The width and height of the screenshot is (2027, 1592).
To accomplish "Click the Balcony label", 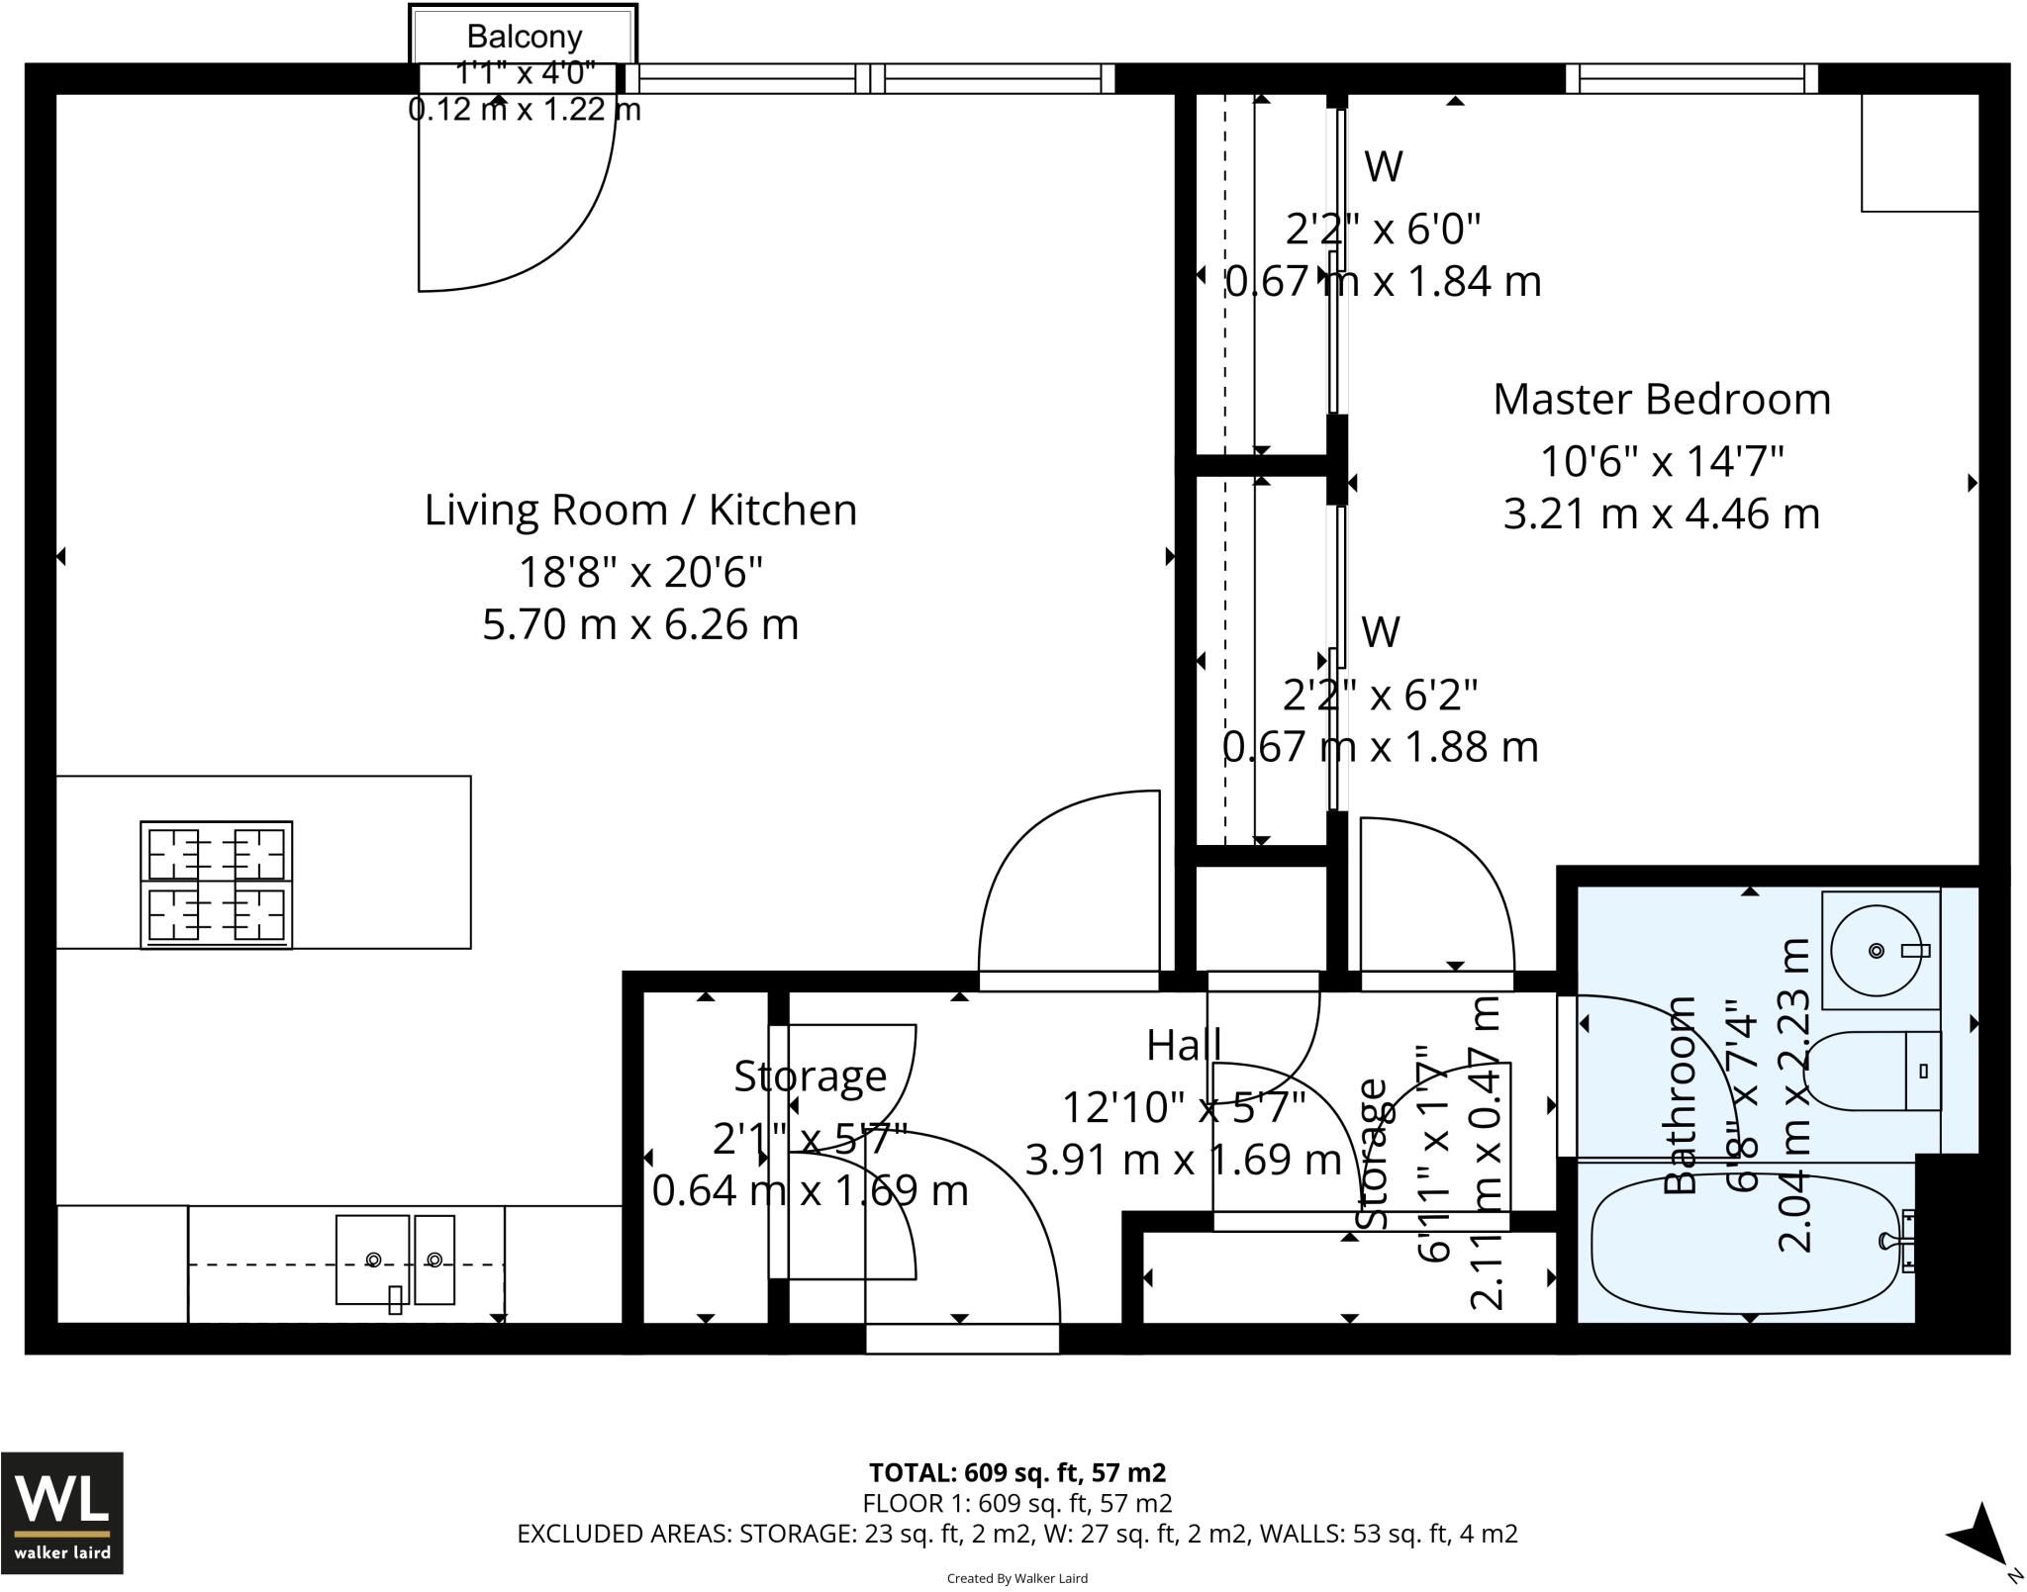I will point(525,37).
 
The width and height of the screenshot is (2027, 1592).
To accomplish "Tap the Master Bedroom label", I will point(1661,400).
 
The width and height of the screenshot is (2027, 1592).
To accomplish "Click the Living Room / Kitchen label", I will point(640,511).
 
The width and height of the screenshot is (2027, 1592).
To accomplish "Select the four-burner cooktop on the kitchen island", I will point(216,885).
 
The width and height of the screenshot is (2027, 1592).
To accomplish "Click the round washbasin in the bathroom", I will point(1877,950).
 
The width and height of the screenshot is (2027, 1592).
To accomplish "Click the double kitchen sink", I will point(395,1260).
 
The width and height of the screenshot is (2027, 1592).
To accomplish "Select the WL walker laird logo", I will point(62,1512).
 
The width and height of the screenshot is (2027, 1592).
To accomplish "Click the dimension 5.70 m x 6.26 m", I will point(640,624).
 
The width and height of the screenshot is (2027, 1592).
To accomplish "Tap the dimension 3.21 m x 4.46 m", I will point(1661,515).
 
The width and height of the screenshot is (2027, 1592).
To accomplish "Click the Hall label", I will point(1184,1045).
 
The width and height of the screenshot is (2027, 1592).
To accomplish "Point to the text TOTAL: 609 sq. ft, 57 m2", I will point(1016,1473).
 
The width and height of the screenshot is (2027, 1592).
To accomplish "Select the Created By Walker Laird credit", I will point(1016,1578).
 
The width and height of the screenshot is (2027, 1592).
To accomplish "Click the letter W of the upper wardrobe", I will point(1383,166).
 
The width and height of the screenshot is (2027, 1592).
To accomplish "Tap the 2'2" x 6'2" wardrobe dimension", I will point(1380,696).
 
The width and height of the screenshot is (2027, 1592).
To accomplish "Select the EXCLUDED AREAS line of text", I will point(1016,1534).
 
